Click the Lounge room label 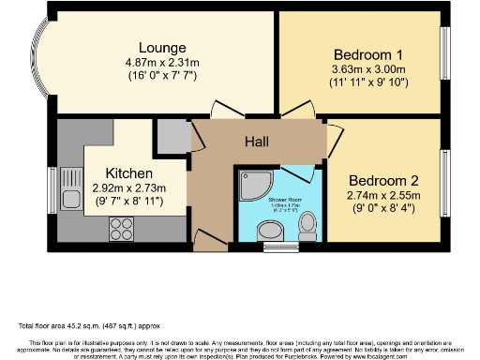pos(162,48)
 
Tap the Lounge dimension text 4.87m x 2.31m pos(162,63)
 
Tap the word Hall pos(258,142)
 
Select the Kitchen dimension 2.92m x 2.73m pos(129,187)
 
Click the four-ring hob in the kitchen pos(123,225)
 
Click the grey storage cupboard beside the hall pos(172,137)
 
